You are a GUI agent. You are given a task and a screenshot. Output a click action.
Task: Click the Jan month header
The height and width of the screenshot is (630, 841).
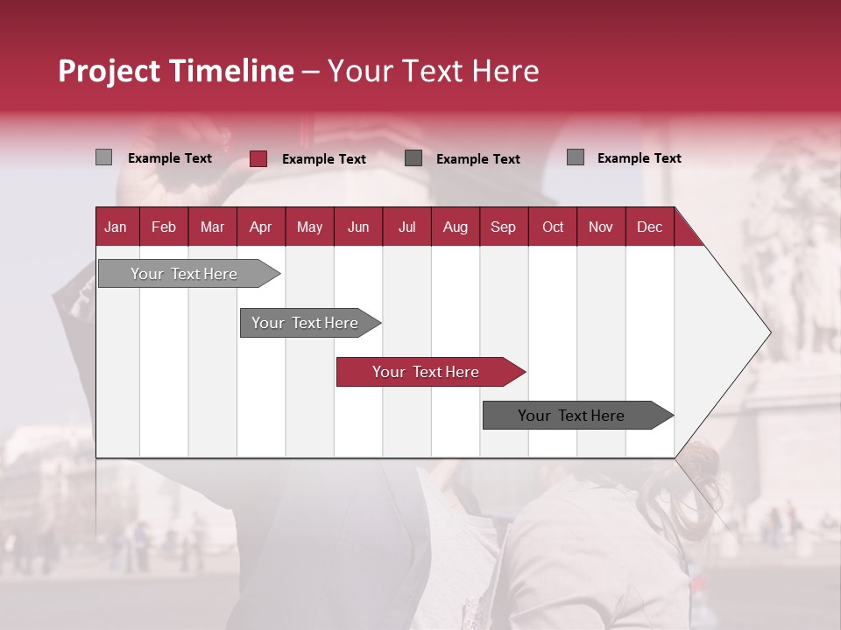(x=116, y=227)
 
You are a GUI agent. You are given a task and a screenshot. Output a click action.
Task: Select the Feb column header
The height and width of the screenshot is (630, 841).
(x=164, y=227)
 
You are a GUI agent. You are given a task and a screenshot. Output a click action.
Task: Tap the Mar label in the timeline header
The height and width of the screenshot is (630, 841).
(x=212, y=227)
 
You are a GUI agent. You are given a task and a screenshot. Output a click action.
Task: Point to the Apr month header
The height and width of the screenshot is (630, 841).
(x=261, y=227)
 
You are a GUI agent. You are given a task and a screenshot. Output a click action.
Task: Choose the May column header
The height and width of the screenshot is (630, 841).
(x=309, y=227)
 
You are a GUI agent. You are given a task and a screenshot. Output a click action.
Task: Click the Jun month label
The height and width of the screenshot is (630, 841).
(x=358, y=227)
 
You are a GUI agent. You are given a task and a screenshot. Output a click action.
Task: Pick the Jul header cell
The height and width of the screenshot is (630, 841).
(x=407, y=227)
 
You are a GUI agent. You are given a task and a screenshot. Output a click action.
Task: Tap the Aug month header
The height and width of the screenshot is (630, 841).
(x=456, y=227)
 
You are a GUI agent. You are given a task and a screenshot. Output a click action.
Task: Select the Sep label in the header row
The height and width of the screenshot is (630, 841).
(x=503, y=227)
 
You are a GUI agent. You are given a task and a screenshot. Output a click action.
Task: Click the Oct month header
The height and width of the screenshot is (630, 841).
(x=553, y=227)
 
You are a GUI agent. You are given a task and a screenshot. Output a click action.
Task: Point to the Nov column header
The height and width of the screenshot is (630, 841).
(x=601, y=227)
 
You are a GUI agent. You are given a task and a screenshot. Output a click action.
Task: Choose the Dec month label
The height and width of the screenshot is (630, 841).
(x=649, y=227)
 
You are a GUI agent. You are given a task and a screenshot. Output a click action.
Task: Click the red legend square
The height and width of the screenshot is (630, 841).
(x=258, y=158)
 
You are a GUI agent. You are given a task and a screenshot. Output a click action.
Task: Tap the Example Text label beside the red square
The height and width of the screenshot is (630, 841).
(x=324, y=159)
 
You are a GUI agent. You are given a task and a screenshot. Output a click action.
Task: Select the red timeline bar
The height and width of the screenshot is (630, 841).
(x=431, y=372)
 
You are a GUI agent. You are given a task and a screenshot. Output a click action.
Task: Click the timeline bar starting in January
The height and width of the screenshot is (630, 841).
(x=189, y=274)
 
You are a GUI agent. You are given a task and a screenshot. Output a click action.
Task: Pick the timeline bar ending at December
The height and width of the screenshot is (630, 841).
(x=578, y=415)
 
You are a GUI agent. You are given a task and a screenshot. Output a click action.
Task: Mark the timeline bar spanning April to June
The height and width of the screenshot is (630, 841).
(x=310, y=323)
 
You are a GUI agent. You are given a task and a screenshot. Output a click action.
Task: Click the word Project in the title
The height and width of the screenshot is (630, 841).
(x=109, y=71)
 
